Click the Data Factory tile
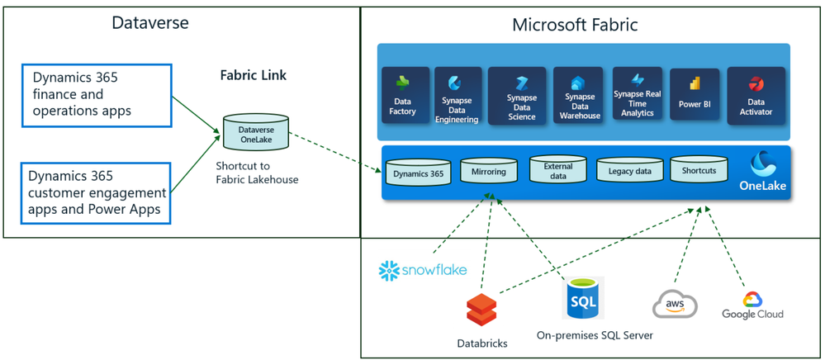[x=403, y=95]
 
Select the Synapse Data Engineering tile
[x=458, y=95]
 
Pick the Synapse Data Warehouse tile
[x=578, y=95]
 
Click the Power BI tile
[x=694, y=95]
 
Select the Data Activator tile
[x=756, y=95]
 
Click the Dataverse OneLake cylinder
[x=256, y=131]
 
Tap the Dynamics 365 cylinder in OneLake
[x=419, y=172]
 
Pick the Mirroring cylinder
[x=489, y=171]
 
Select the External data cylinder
[x=558, y=170]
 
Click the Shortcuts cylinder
[x=699, y=169]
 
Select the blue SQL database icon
[x=583, y=297]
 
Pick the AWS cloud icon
[x=675, y=306]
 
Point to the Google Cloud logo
[x=752, y=306]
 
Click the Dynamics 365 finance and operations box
[x=97, y=95]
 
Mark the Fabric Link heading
[x=253, y=75]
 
